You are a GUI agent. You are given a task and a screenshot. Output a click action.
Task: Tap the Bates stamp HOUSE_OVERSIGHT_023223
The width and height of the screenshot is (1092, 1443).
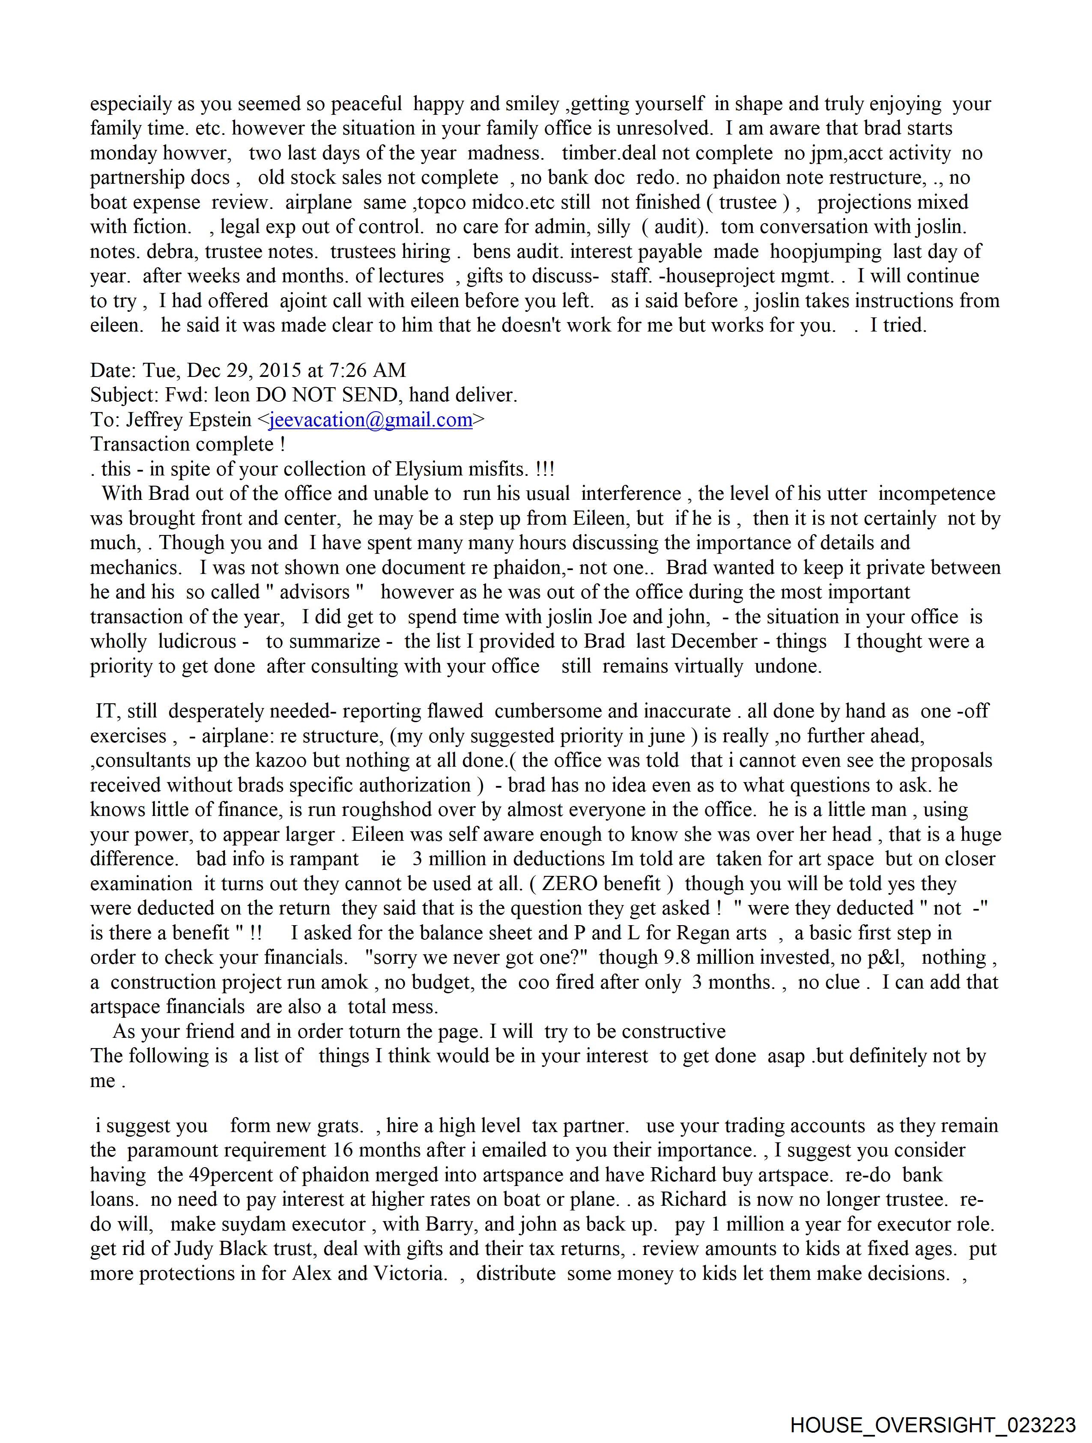[933, 1425]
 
